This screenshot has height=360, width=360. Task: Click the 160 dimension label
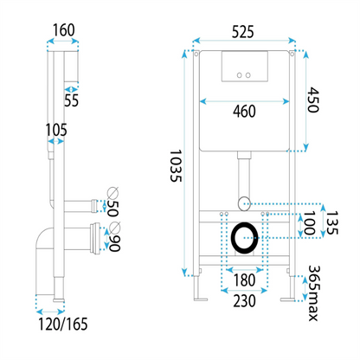(x=63, y=30)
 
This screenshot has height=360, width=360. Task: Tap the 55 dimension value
(x=71, y=100)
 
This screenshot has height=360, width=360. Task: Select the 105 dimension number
(x=56, y=130)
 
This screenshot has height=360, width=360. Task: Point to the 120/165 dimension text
(x=63, y=324)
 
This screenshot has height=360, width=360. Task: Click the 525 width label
(x=243, y=32)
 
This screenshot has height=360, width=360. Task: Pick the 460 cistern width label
(x=244, y=112)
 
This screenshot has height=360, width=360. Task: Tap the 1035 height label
(x=176, y=165)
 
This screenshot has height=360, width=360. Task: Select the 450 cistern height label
(x=312, y=100)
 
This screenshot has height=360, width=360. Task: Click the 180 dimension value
(x=244, y=280)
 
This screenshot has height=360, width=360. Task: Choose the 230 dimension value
(x=244, y=301)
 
